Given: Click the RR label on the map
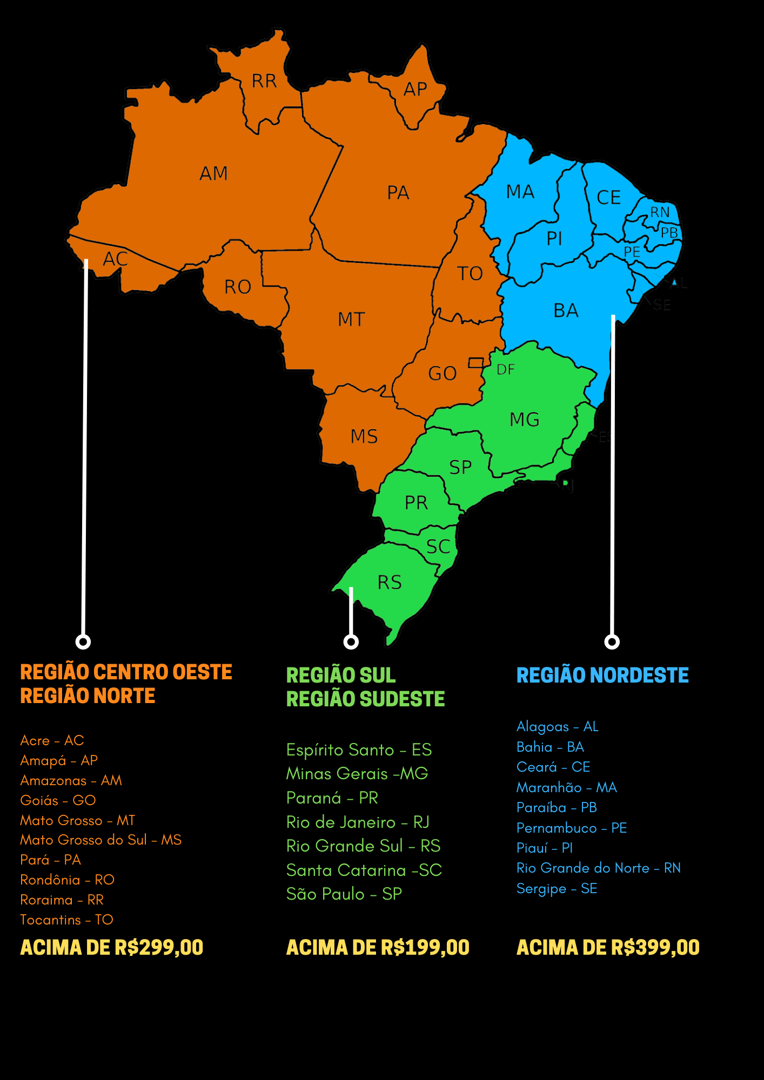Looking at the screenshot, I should [x=264, y=81].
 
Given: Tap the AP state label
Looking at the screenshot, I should [x=415, y=89].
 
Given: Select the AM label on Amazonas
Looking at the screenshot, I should [x=214, y=174].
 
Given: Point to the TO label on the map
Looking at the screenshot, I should [x=470, y=274].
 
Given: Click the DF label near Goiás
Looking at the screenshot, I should [x=506, y=370].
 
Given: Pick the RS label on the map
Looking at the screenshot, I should [x=390, y=583].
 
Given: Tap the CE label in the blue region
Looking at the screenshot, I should [x=608, y=198].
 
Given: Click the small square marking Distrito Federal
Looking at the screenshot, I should [x=476, y=363].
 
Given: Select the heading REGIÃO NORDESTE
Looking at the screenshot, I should [x=602, y=676].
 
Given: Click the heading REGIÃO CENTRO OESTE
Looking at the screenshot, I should [x=126, y=672].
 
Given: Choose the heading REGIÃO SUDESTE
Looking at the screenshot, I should [x=365, y=699].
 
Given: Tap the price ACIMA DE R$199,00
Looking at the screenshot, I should [x=378, y=948].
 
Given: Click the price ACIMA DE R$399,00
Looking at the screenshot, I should [x=608, y=948].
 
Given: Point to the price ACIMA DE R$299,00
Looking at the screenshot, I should [x=112, y=948].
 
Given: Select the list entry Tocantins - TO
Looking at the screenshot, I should [x=66, y=920].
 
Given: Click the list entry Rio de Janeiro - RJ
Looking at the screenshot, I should [x=358, y=822].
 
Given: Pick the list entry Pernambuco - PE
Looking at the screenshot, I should [x=571, y=828].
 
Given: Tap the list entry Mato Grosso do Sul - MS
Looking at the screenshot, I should [x=100, y=840].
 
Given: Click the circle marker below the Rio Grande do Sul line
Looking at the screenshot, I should [x=351, y=642].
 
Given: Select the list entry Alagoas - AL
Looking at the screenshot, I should [x=557, y=726].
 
